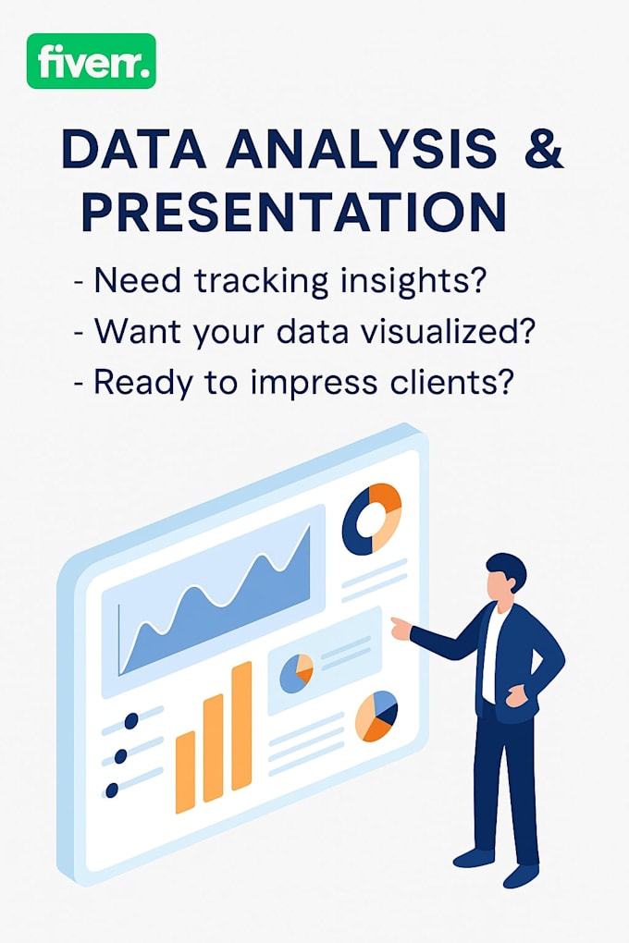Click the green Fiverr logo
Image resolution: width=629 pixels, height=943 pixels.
91,61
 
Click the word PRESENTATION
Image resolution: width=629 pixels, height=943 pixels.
293,212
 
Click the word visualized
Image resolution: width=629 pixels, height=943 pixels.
440,331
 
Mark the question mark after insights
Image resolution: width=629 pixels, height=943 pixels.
475,280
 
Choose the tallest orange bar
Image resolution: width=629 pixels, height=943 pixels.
241,726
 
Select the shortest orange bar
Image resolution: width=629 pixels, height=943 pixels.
185,771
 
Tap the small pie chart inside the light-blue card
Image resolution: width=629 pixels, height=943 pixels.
296,673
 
